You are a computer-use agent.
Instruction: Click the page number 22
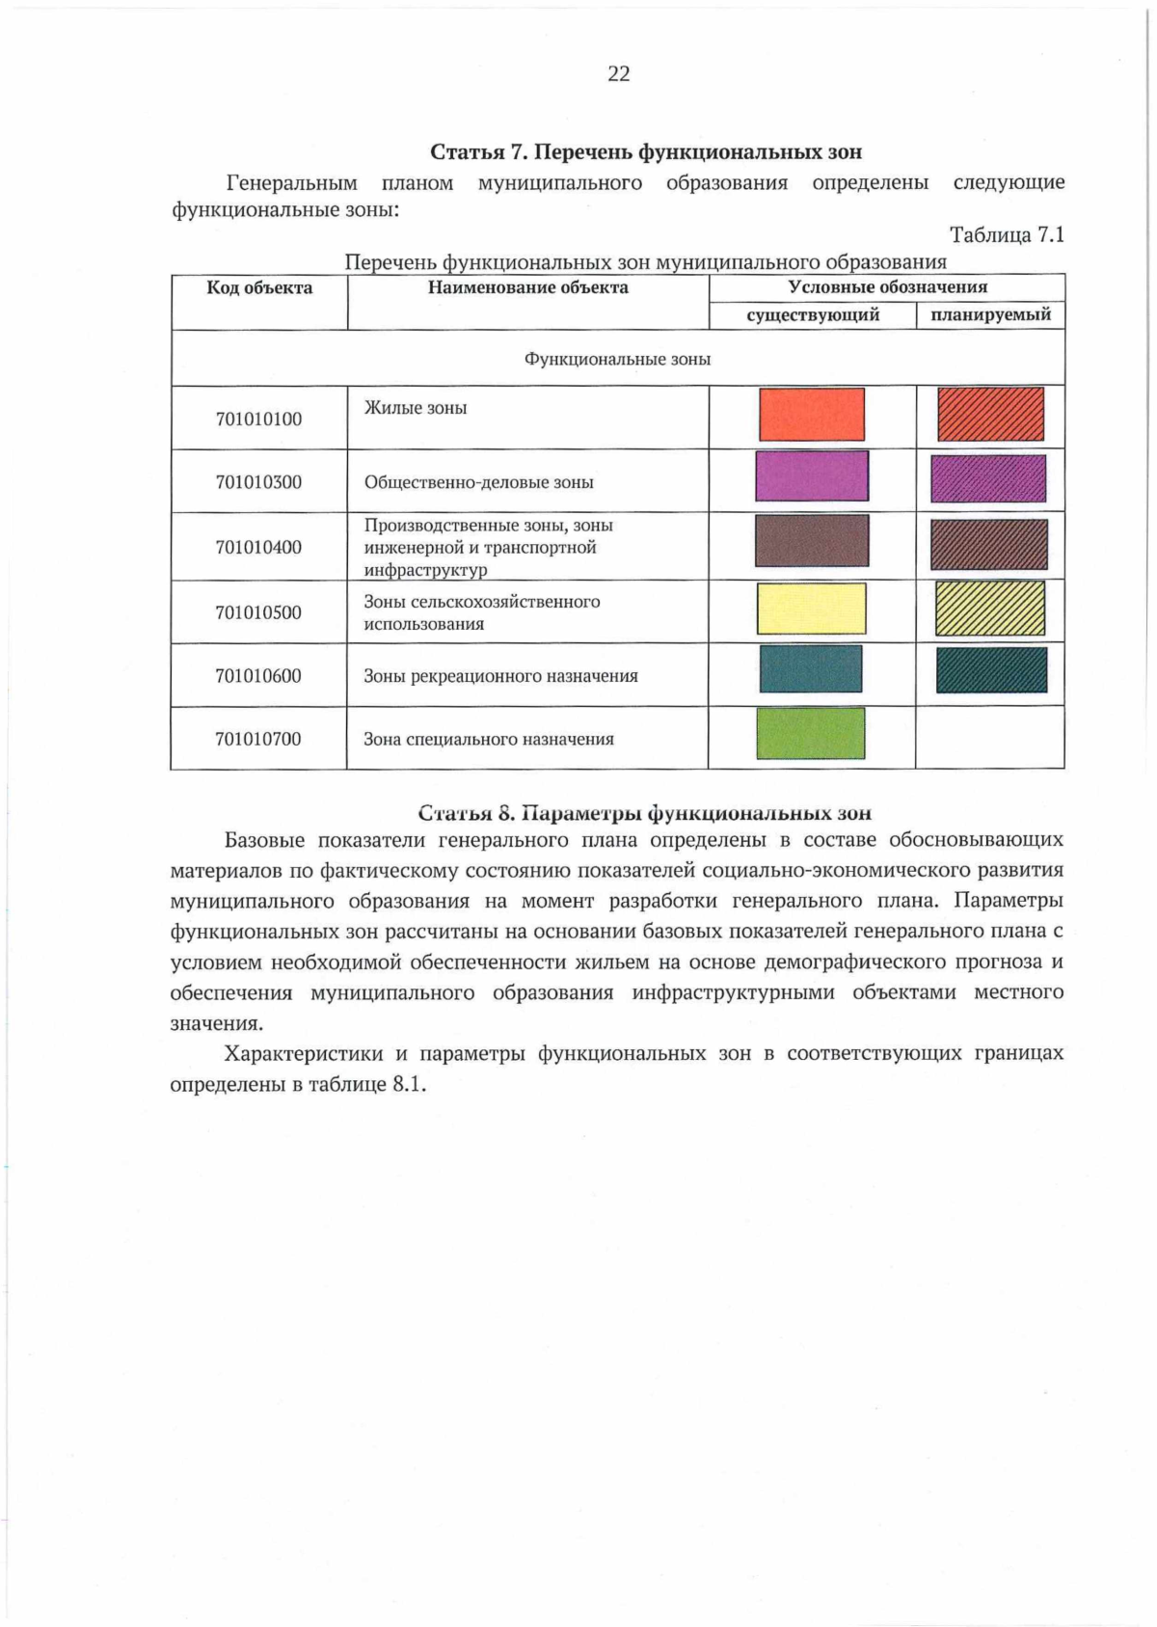pos(618,74)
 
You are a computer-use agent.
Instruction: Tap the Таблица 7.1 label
pos(1007,234)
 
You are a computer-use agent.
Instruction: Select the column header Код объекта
pos(259,287)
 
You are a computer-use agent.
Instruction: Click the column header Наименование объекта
pos(527,287)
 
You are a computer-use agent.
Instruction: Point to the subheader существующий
pos(813,315)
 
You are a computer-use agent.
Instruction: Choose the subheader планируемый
pos(990,315)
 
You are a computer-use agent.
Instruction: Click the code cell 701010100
pos(258,419)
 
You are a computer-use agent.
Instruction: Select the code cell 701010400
pos(258,547)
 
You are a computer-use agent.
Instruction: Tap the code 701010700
pos(258,739)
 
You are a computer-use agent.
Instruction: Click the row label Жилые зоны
pos(416,408)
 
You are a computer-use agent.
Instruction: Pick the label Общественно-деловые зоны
pos(478,482)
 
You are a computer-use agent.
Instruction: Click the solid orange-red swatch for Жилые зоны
pos(812,415)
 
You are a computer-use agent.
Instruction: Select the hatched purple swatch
pos(988,478)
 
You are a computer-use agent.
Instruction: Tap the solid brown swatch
pos(812,541)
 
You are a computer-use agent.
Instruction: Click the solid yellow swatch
pos(812,609)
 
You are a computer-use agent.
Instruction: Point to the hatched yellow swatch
pos(990,609)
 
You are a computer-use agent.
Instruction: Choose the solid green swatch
pos(811,734)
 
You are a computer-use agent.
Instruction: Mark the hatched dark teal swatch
pos(991,670)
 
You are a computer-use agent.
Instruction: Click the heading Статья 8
pos(644,813)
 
